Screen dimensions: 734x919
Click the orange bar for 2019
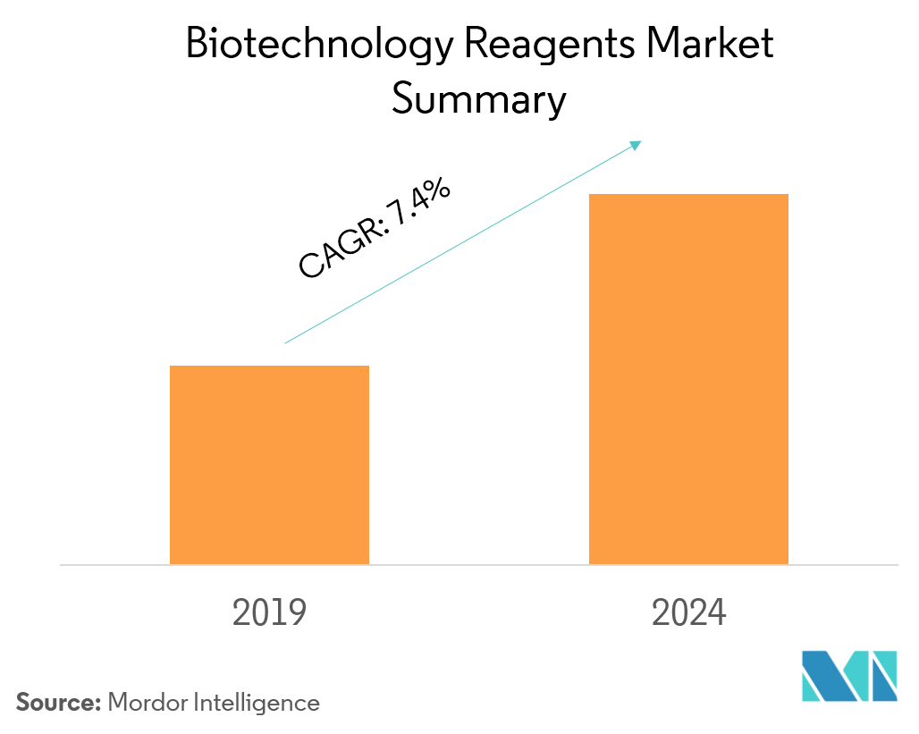[269, 465]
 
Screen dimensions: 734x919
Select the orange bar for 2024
[688, 379]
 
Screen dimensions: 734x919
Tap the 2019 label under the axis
[269, 613]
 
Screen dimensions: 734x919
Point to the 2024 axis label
[688, 613]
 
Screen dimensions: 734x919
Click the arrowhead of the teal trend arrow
[637, 143]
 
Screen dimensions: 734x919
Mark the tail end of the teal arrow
[286, 342]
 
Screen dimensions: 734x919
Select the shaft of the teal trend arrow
[460, 243]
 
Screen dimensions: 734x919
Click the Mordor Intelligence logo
[848, 676]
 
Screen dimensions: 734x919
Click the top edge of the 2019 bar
[269, 367]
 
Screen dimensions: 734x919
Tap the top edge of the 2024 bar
[688, 195]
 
